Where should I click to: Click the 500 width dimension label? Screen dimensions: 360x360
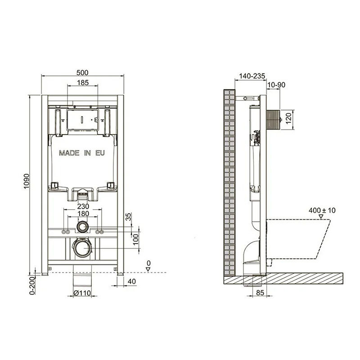82,72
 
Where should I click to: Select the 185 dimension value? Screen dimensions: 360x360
83,82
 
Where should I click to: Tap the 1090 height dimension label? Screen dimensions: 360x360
27,181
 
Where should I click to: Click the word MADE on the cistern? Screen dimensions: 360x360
69,153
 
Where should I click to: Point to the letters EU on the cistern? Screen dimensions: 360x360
100,153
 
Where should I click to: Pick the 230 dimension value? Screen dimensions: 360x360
83,206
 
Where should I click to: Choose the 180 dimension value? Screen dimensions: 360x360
83,213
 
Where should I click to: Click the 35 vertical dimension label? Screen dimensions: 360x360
129,217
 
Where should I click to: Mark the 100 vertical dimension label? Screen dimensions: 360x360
136,239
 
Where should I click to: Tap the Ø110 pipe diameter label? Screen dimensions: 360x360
82,293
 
